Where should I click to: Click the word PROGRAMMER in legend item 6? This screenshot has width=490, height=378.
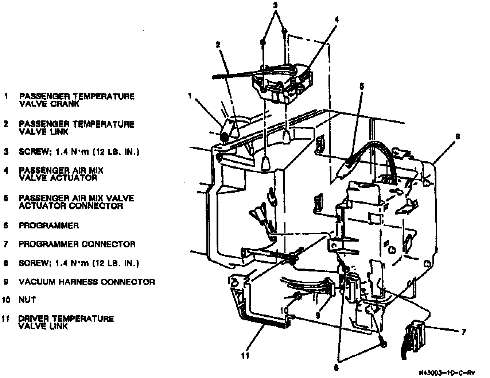pyautogui.click(x=48, y=225)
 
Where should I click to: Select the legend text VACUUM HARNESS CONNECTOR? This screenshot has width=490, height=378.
pyautogui.click(x=87, y=282)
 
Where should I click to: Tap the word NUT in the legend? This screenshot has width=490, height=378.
pyautogui.click(x=27, y=300)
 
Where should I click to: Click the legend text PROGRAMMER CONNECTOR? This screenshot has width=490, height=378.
pyautogui.click(x=77, y=244)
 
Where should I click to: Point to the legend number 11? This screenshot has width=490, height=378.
pyautogui.click(x=5, y=319)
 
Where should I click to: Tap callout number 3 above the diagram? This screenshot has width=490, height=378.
pyautogui.click(x=275, y=5)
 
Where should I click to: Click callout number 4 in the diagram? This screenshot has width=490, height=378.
pyautogui.click(x=337, y=20)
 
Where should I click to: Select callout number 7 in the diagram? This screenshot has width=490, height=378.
pyautogui.click(x=463, y=332)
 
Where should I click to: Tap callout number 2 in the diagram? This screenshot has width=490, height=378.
pyautogui.click(x=218, y=45)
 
